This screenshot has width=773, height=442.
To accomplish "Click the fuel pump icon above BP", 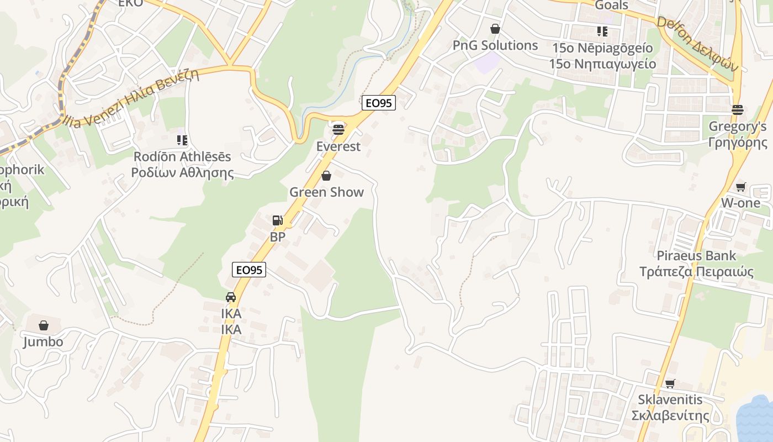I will tap(277, 220).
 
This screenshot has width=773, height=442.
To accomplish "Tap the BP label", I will tap(277, 237).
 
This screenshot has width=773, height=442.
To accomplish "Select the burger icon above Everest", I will tap(338, 130).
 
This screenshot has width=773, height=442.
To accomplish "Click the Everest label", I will tap(338, 146).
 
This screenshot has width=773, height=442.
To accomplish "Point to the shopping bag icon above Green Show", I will tap(326, 176).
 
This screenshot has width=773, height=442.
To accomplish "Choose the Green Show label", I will tap(327, 192).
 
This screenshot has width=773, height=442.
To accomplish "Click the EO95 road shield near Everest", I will tap(379, 102).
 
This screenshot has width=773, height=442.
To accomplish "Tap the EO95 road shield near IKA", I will tap(249, 270).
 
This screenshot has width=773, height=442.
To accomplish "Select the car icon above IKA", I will tap(231, 297).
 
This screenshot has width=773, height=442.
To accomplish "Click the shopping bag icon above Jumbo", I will tap(43, 325).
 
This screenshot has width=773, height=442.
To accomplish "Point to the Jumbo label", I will tap(43, 341).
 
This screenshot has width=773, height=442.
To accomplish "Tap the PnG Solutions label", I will tap(495, 45).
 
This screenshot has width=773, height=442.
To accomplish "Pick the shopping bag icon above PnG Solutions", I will tap(495, 29).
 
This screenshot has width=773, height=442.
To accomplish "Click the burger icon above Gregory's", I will tap(738, 109).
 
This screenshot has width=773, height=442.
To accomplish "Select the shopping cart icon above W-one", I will tap(740, 187).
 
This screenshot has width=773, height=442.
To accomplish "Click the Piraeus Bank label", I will tap(696, 256).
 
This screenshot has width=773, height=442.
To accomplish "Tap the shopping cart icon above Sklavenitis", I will tap(670, 383).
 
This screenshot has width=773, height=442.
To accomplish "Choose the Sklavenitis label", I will tap(670, 399).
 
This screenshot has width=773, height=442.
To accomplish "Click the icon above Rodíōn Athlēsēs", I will tap(182, 140).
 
